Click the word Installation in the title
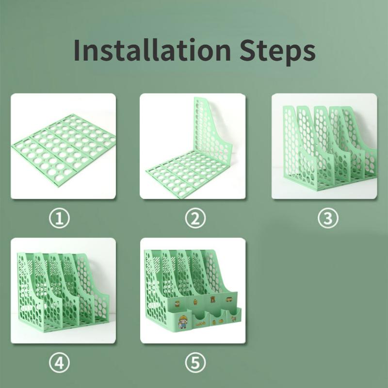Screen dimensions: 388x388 (x=152, y=50)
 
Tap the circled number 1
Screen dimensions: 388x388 (x=59, y=218)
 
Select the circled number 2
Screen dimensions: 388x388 (x=195, y=218)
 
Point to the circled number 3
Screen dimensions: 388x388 (x=328, y=218)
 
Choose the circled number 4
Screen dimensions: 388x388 (x=59, y=363)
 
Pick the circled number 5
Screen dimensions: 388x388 (x=195, y=363)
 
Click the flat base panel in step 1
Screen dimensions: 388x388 (x=64, y=150)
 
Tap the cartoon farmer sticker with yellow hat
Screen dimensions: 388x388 (x=182, y=322)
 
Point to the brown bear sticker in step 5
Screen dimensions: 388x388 (x=212, y=299)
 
